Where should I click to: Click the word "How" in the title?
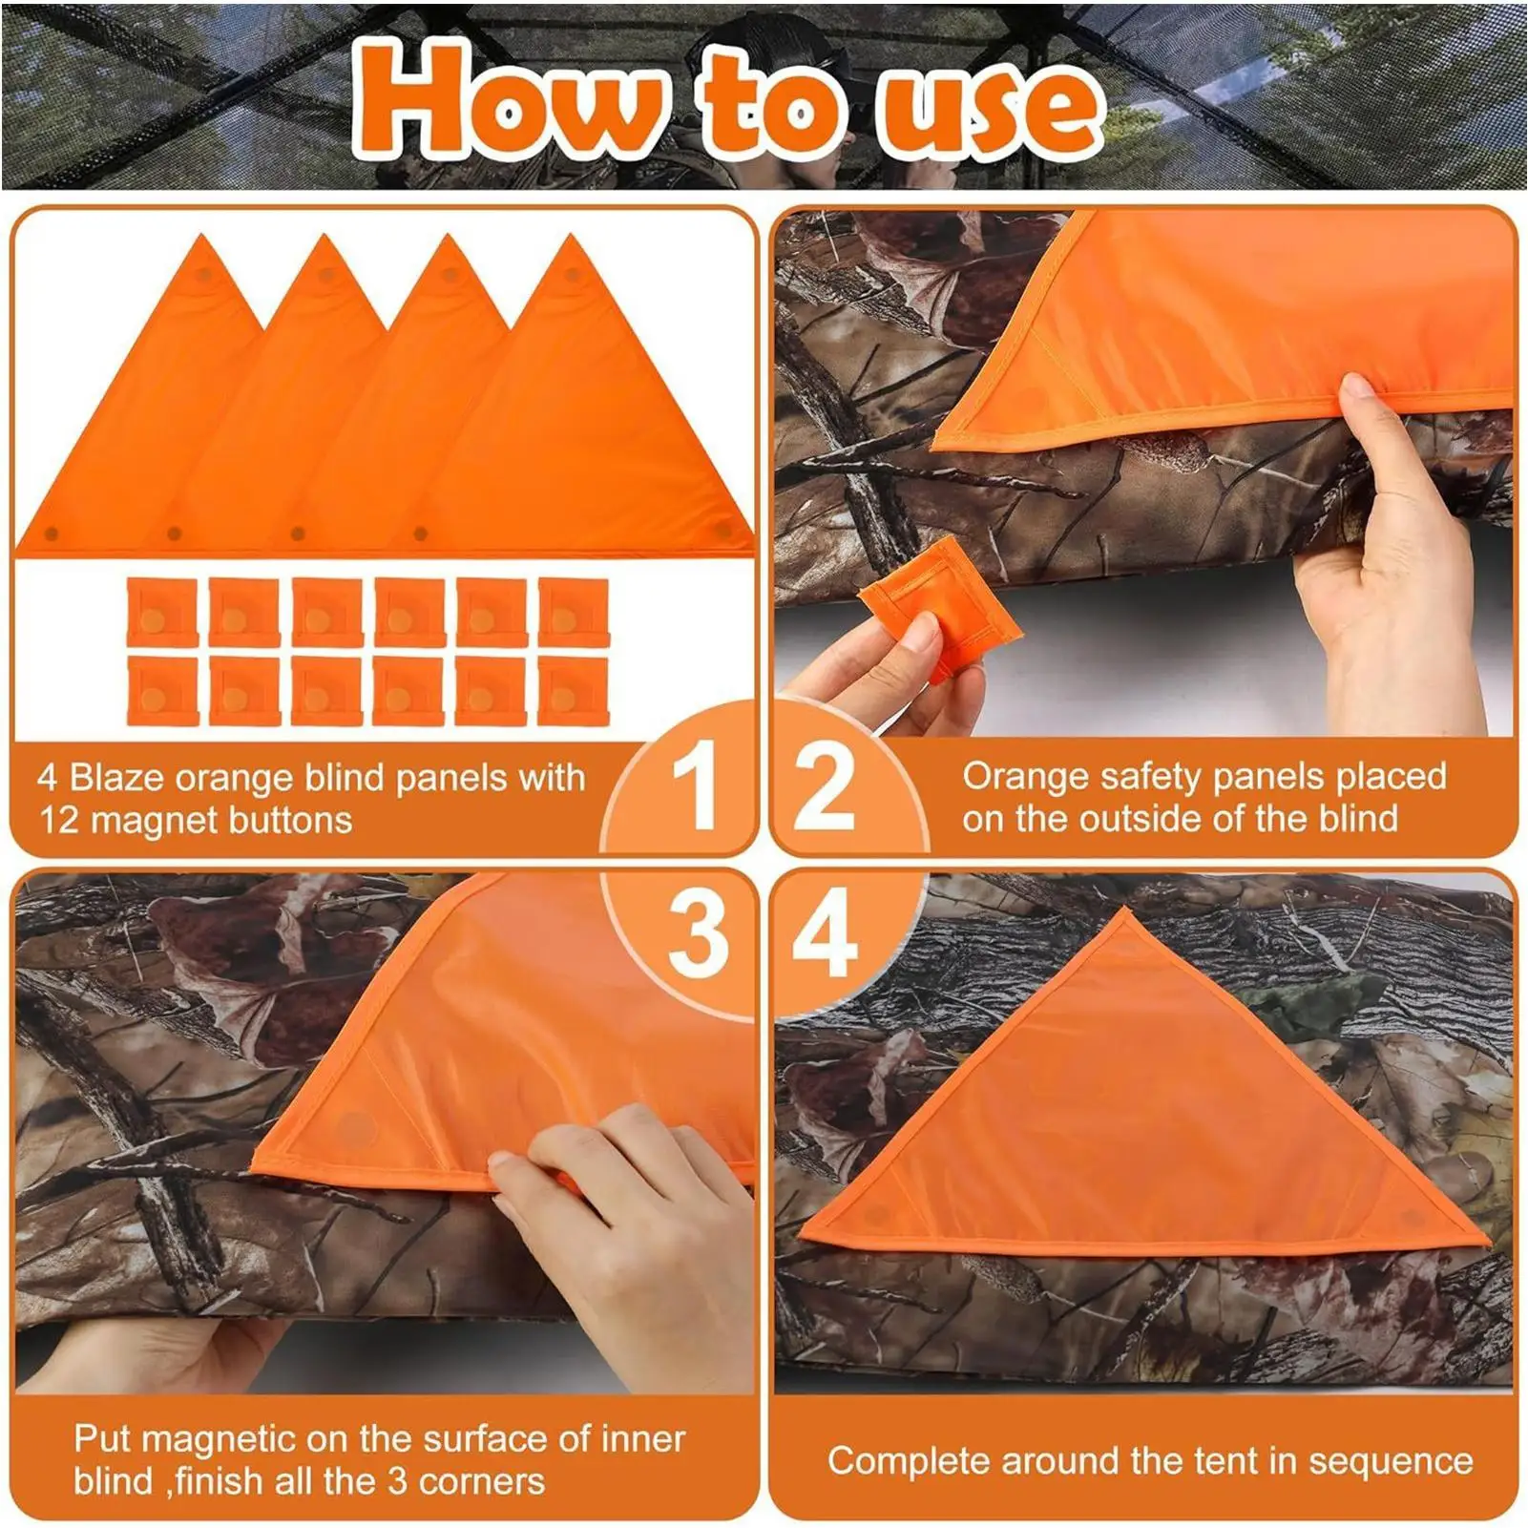(x=506, y=100)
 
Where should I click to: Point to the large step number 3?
(x=698, y=934)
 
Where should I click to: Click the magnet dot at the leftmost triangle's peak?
(x=203, y=274)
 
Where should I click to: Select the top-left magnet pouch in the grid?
(x=161, y=613)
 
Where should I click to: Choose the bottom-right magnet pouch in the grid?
(x=573, y=691)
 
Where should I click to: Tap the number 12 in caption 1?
(x=58, y=820)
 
